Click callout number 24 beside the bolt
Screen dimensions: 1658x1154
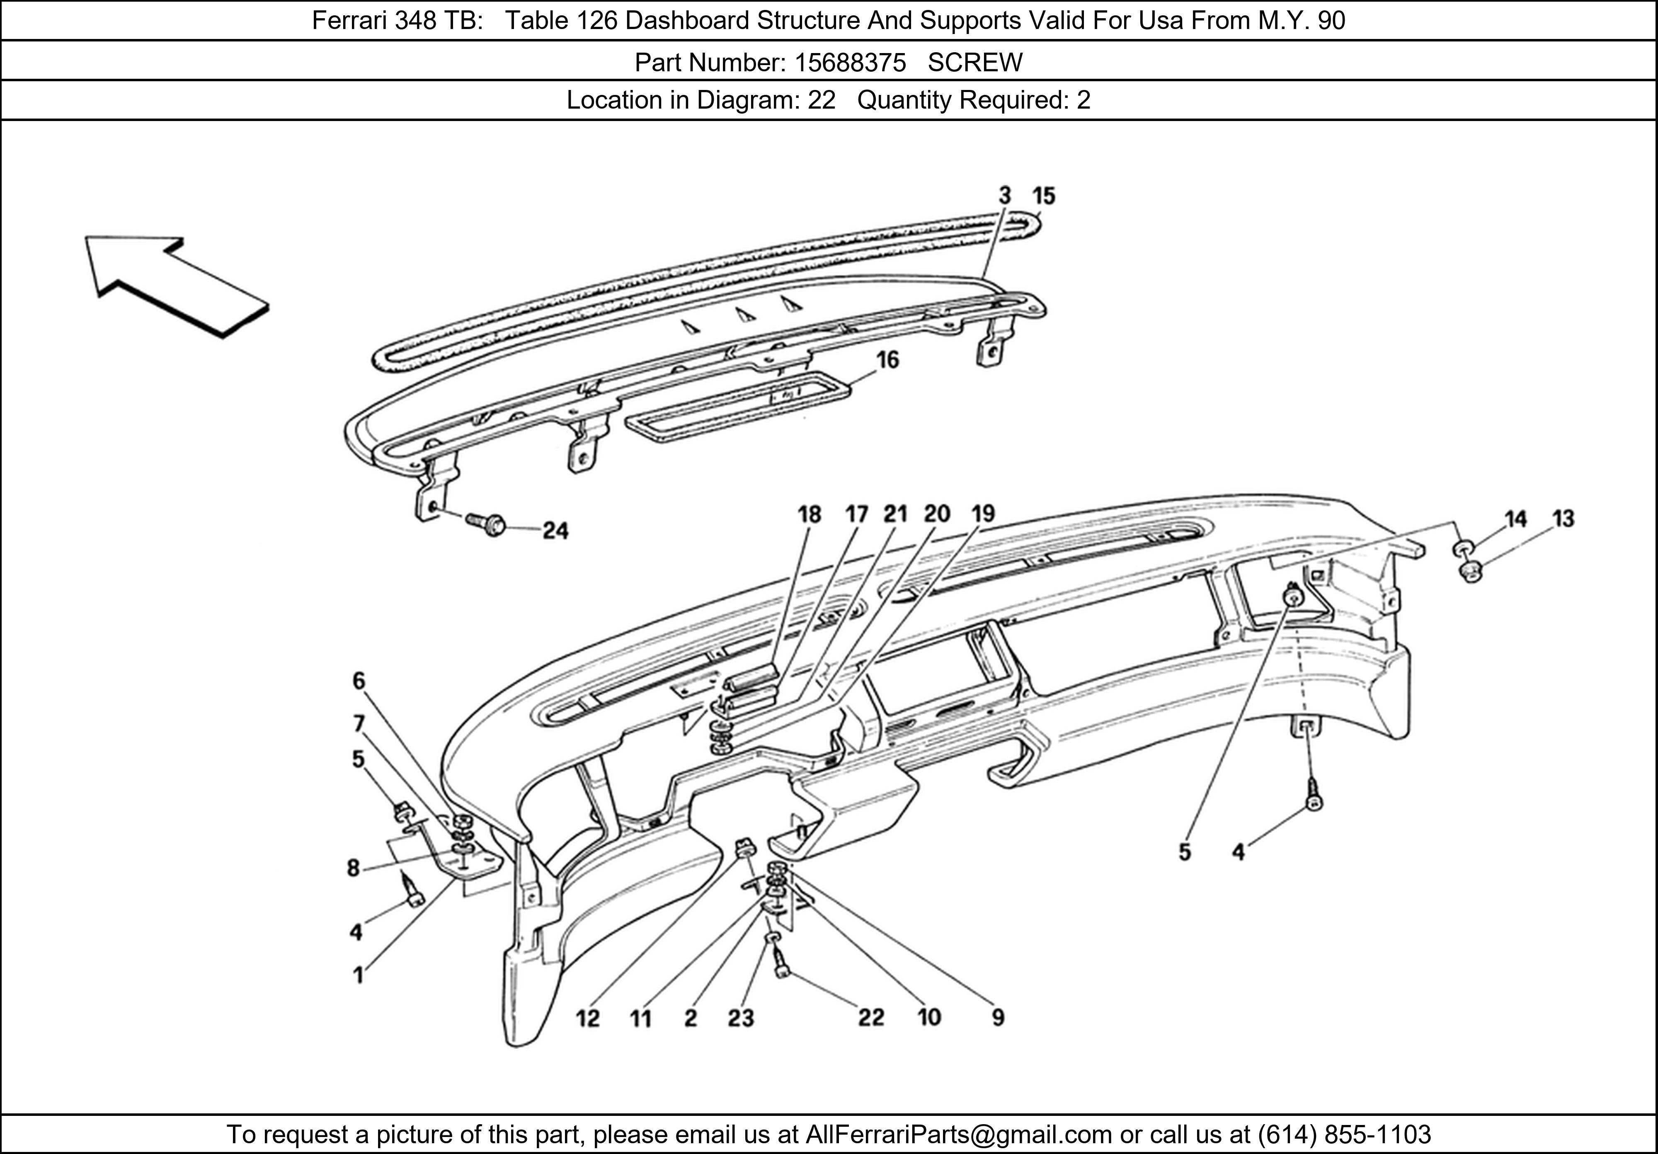click(555, 531)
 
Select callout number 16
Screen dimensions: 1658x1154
click(887, 360)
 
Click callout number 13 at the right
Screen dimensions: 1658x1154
click(1563, 519)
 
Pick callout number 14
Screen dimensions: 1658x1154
click(1516, 519)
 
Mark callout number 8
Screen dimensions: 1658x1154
click(353, 868)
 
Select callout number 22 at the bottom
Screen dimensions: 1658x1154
click(871, 1018)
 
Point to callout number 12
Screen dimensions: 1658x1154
click(588, 1019)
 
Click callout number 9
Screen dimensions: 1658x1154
click(998, 1018)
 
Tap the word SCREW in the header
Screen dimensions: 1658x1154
click(975, 63)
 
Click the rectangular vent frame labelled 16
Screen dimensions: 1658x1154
click(737, 408)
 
